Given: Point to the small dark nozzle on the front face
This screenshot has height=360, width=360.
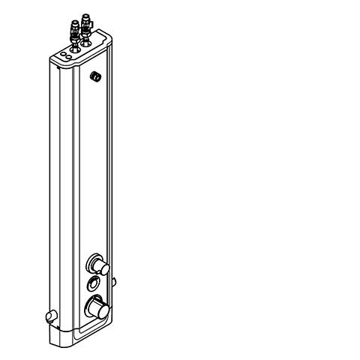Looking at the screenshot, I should [96, 76].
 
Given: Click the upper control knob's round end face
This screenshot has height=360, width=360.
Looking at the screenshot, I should [103, 268].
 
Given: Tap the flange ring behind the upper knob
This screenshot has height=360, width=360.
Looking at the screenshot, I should [94, 262].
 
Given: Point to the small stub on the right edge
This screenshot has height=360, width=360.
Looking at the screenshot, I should [114, 282].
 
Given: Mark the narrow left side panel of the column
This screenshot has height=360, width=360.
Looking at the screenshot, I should [61, 187].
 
